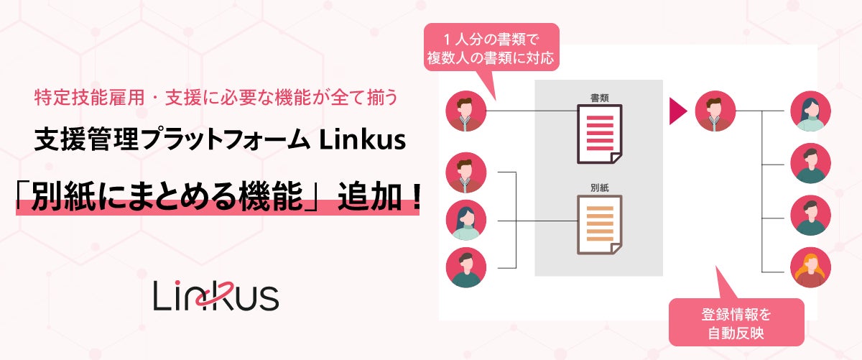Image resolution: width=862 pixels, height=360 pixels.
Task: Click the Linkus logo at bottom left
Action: coord(215,296)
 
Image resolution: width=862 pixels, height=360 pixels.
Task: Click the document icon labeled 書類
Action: coord(599,134)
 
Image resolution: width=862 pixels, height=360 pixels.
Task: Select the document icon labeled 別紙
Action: coord(599,224)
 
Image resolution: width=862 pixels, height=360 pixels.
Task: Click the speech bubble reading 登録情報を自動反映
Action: coord(735,325)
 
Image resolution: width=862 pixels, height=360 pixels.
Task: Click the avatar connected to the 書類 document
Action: coord(466,111)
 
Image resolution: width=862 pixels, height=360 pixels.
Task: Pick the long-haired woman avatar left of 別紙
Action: coord(466,219)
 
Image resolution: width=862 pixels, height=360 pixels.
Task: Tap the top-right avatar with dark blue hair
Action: coord(811,111)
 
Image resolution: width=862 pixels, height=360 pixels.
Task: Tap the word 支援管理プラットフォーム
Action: coord(171,142)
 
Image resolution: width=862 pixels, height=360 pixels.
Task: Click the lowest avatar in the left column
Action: coord(466,267)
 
